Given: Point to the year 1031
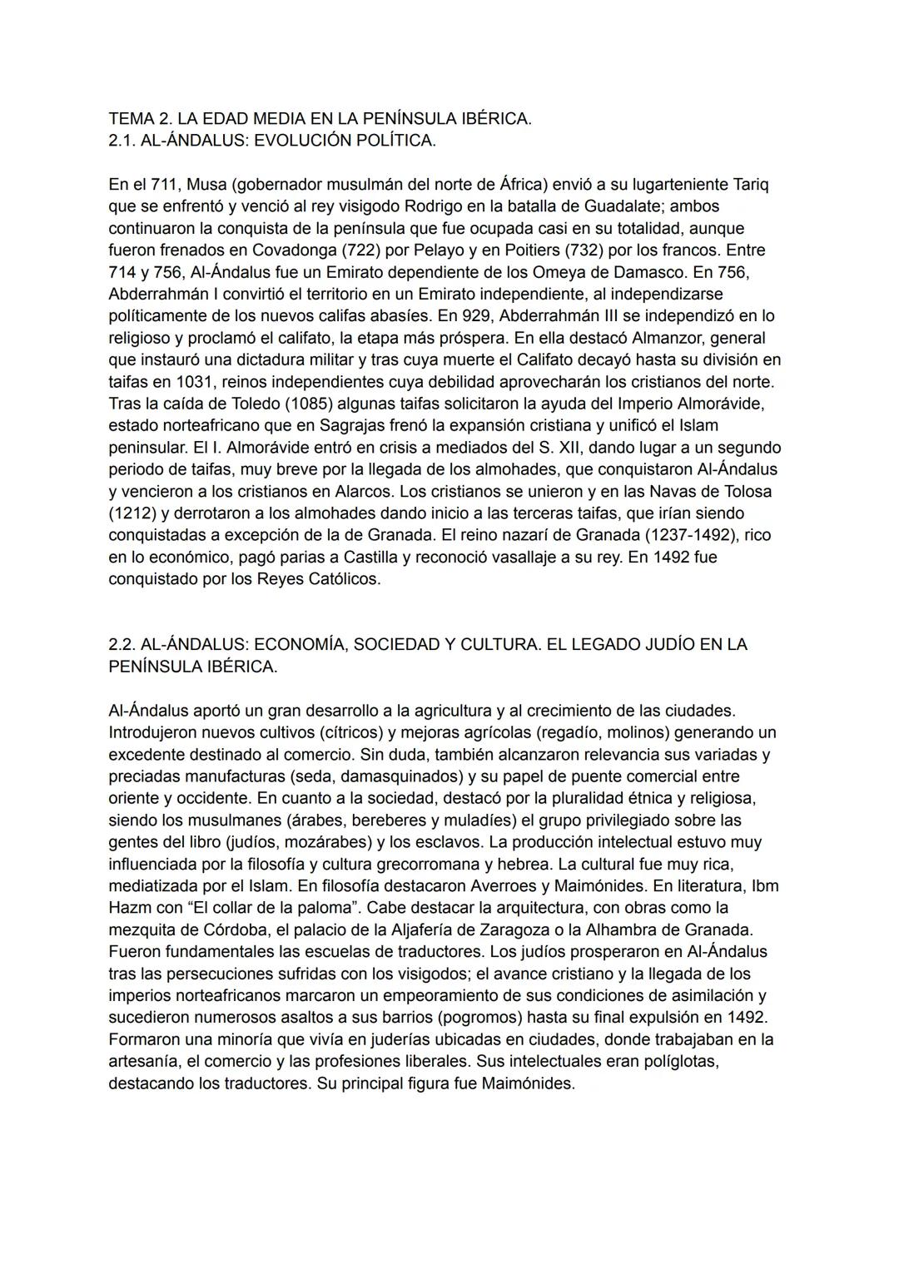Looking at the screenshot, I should (196, 382).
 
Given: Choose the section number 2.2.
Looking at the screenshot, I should (122, 645).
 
